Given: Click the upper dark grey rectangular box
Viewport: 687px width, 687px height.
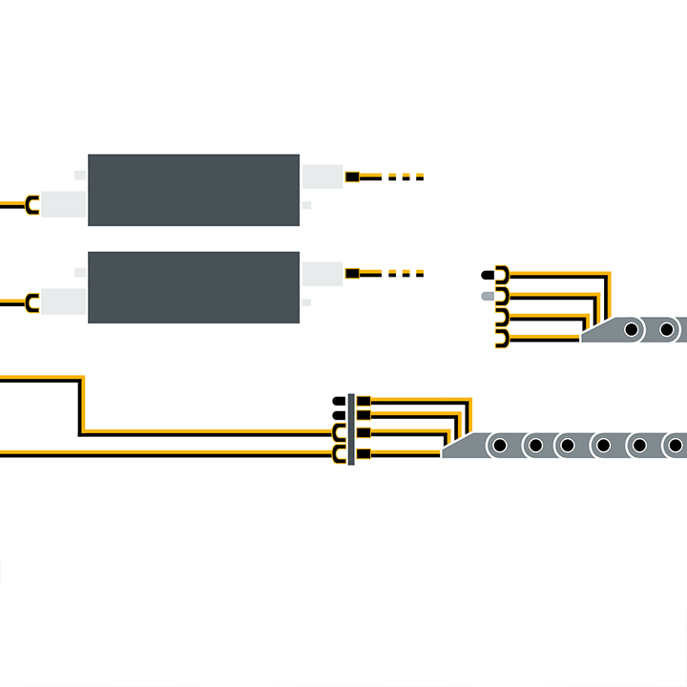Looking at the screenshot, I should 194,190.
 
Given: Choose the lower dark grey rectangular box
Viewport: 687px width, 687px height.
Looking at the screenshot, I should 194,287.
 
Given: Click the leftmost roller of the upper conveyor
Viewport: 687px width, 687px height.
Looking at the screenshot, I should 633,331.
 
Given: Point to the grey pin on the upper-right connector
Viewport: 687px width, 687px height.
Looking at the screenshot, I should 490,297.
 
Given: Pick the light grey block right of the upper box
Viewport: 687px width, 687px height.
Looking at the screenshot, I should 322,175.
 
